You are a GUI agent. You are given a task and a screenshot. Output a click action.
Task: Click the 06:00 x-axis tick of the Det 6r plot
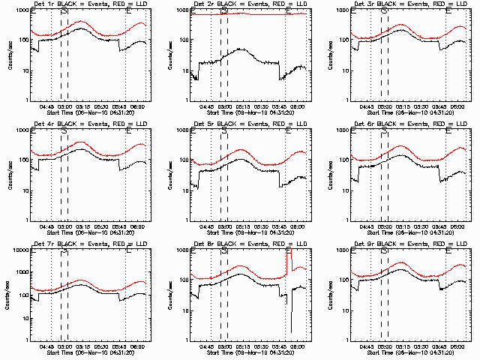point(457,226)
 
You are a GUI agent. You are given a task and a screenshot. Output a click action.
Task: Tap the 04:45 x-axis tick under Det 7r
point(46,346)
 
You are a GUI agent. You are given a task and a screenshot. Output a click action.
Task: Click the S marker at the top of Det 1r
point(64,10)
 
